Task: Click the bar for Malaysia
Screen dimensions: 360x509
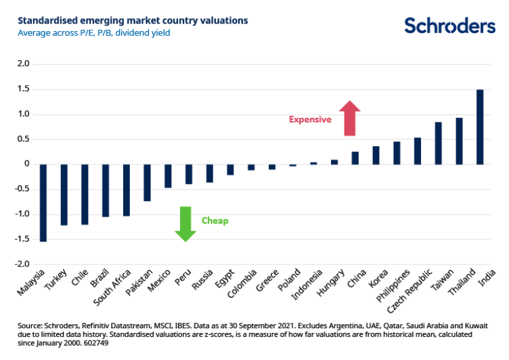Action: point(43,202)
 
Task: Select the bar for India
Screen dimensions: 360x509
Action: point(480,127)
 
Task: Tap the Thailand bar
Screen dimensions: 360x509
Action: point(459,141)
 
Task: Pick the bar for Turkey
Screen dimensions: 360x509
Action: point(64,194)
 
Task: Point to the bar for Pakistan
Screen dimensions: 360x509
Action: point(147,182)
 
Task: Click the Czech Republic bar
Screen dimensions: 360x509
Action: point(418,151)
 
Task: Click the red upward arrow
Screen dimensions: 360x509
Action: point(349,118)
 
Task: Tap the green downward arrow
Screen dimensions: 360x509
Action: point(185,223)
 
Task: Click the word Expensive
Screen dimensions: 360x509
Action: point(310,120)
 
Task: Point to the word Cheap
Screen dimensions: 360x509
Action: point(215,221)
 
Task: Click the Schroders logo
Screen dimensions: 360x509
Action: point(449,26)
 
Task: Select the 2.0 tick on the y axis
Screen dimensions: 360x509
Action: point(24,64)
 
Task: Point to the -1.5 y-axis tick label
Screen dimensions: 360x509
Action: point(22,239)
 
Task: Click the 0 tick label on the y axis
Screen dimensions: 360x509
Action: point(27,164)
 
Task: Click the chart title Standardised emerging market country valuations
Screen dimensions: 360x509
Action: point(129,20)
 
